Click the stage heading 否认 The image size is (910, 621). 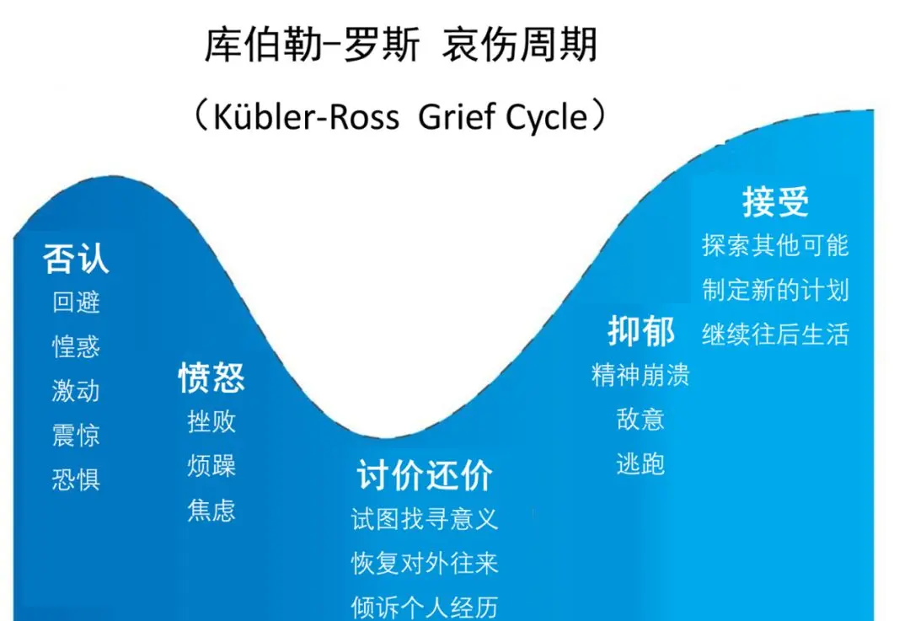(x=76, y=259)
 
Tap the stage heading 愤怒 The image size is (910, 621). (x=211, y=377)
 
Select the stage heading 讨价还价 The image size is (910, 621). (x=425, y=475)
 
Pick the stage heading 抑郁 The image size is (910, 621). (x=641, y=331)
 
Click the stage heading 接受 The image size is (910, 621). (x=775, y=201)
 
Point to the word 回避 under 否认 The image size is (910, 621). (x=76, y=302)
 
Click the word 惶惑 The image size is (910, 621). (x=76, y=346)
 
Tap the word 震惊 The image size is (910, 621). (x=76, y=435)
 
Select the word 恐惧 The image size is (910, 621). (x=76, y=479)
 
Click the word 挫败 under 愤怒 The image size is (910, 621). (x=211, y=421)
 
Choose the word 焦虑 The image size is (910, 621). (x=211, y=510)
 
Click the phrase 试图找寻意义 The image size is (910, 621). (x=425, y=519)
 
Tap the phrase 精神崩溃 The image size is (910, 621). (x=640, y=375)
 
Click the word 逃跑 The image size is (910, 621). (x=640, y=463)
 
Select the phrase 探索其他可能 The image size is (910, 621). (x=775, y=245)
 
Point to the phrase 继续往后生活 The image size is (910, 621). (x=775, y=334)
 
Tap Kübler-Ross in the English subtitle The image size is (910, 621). (x=307, y=116)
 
